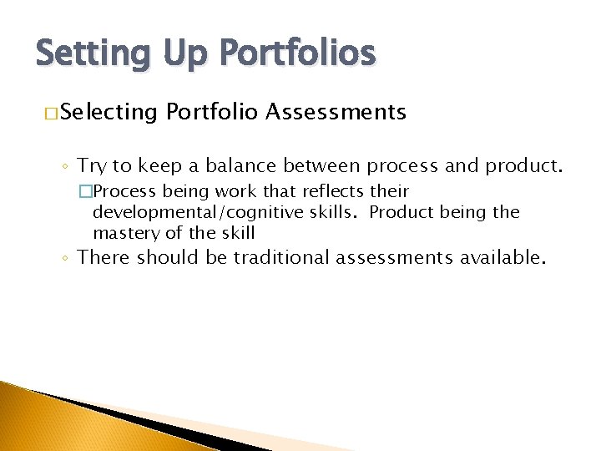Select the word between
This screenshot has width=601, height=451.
[321, 165]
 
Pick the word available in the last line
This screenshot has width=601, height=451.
[503, 257]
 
